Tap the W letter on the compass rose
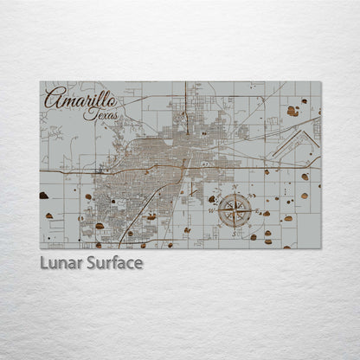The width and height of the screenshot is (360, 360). (x=213, y=210)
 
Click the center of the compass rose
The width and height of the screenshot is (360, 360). (x=235, y=210)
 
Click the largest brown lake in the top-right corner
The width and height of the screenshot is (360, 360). (x=293, y=112)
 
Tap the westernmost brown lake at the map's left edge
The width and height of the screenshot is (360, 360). (x=44, y=196)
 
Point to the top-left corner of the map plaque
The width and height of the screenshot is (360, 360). (x=40, y=82)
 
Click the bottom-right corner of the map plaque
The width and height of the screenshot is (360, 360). (x=320, y=249)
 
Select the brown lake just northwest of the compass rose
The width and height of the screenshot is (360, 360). (x=212, y=198)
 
